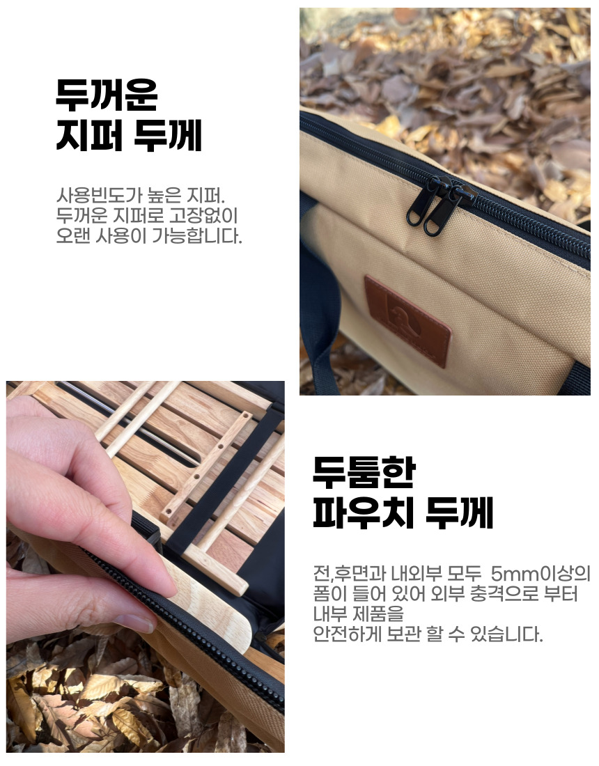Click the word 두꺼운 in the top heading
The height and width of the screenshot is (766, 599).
click(107, 95)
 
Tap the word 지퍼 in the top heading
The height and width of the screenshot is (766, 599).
click(89, 135)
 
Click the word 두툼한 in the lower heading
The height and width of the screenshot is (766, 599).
click(364, 472)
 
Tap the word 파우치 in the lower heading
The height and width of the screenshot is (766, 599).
click(364, 513)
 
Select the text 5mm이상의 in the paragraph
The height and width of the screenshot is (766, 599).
click(540, 573)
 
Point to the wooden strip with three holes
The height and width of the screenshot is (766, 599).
click(205, 471)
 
